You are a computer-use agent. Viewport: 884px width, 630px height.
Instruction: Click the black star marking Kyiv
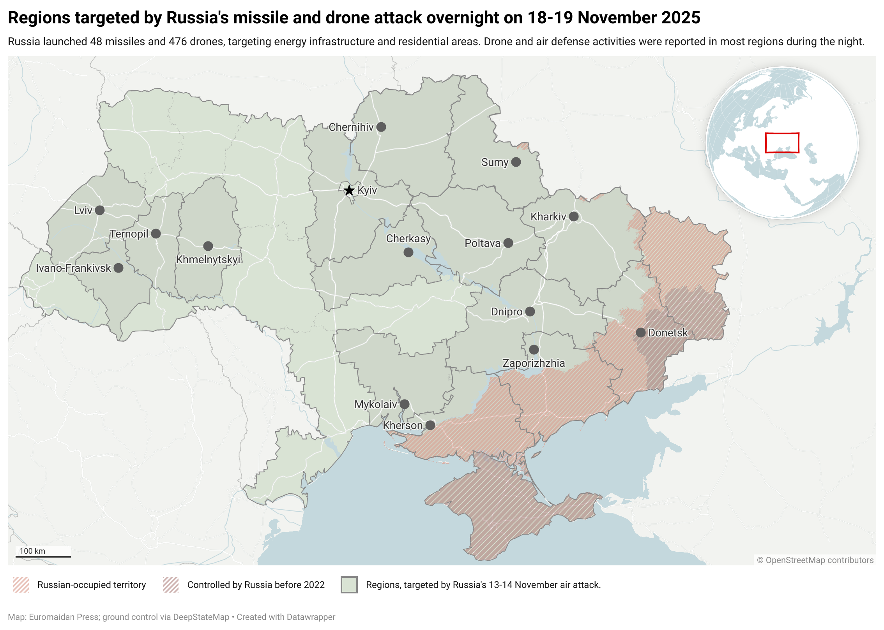pos(349,190)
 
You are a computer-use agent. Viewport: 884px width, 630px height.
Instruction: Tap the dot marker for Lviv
pos(100,210)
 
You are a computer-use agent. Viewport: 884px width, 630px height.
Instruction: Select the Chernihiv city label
pos(351,127)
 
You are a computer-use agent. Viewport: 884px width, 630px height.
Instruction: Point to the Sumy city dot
pos(516,162)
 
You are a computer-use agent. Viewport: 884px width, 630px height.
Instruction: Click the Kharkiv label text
pos(548,217)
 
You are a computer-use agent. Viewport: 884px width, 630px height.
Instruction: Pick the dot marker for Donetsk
pos(640,333)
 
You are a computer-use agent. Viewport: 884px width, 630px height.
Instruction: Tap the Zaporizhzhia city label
pos(533,363)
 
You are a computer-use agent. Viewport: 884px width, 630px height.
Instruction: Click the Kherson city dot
pos(430,425)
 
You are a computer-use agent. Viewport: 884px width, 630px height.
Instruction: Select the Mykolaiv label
pos(375,405)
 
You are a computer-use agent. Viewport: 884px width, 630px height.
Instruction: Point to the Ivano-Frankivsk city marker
pos(118,268)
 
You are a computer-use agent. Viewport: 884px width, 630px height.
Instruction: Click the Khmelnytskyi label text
pos(208,259)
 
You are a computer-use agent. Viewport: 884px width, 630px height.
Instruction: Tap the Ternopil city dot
pos(156,234)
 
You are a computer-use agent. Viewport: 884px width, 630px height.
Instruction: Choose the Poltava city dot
pos(508,243)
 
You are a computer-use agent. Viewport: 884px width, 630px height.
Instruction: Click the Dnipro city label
pos(506,312)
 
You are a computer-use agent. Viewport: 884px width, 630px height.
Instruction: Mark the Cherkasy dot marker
pos(408,252)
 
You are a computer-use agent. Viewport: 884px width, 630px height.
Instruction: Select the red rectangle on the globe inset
pos(782,143)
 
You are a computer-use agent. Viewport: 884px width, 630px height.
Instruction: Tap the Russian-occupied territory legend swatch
pos(21,585)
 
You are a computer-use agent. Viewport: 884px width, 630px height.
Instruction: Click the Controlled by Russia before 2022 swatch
pos(171,585)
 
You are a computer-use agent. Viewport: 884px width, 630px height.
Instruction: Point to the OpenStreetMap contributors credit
pos(815,560)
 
